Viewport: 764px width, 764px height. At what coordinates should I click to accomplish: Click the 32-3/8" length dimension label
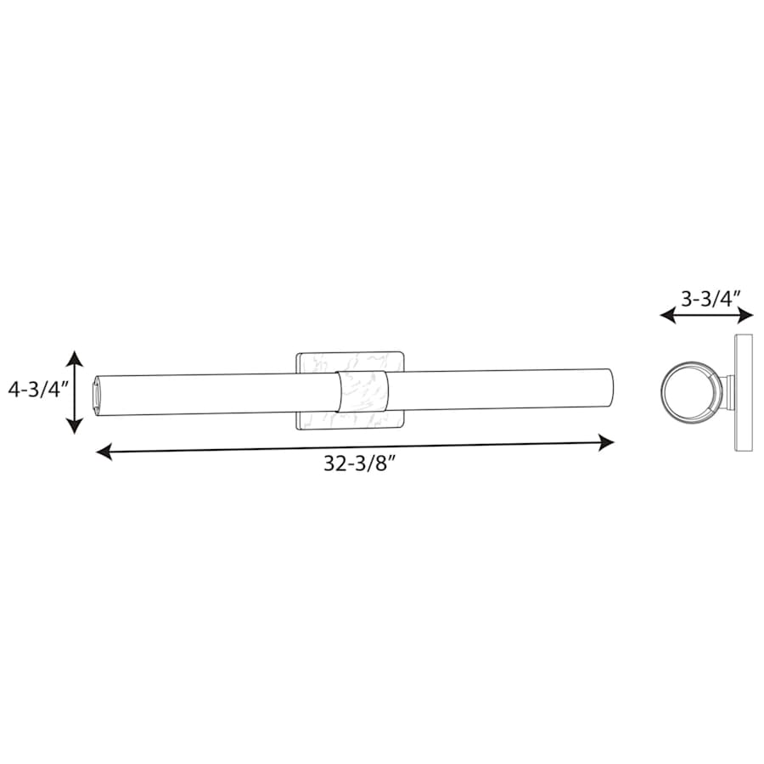click(x=358, y=463)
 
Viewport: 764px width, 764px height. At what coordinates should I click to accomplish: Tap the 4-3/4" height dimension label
click(x=37, y=390)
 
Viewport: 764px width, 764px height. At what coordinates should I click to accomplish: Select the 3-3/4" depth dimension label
click(x=711, y=299)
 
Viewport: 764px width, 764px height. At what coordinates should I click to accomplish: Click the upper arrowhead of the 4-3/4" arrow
click(x=74, y=358)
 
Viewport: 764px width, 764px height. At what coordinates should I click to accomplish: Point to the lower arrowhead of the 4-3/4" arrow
click(x=74, y=426)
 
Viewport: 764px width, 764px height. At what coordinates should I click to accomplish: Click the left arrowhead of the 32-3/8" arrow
click(x=104, y=452)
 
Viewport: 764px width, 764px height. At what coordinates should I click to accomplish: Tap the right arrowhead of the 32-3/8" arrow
click(x=606, y=443)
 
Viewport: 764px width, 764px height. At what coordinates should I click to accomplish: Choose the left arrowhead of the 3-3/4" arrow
click(x=667, y=316)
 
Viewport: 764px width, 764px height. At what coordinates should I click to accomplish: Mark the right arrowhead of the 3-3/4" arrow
click(x=745, y=316)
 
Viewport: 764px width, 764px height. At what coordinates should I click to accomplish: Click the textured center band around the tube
click(x=362, y=390)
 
